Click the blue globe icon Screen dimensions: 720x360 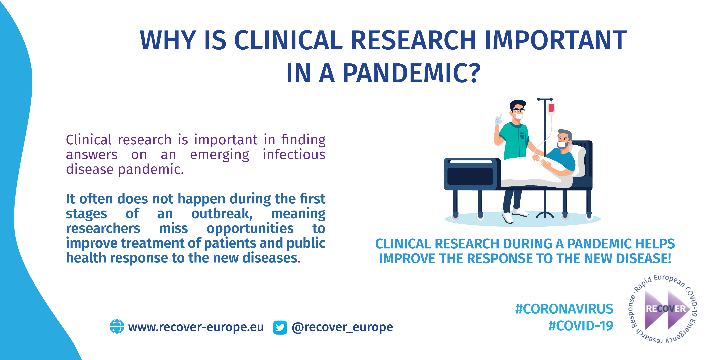[117, 326]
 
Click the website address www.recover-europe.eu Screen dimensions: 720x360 [196, 327]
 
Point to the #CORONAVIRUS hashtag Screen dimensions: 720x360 [564, 309]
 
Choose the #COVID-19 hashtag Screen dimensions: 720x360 [581, 326]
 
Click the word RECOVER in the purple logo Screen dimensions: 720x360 [666, 309]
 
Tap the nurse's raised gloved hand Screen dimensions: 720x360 [498, 119]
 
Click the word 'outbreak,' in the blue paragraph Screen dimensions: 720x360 [222, 214]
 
